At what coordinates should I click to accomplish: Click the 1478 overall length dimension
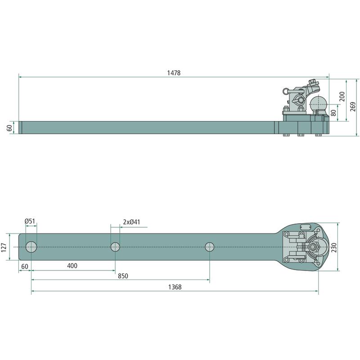[174, 73]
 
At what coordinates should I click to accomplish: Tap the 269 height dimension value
[353, 107]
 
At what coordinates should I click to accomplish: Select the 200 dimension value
[342, 96]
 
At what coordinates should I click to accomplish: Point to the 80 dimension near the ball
[333, 113]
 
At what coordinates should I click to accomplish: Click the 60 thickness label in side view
[9, 128]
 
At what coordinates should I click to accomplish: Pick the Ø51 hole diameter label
[30, 221]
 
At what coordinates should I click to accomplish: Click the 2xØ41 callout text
[131, 222]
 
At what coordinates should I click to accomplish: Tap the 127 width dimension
[4, 247]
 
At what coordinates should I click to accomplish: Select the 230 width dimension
[333, 247]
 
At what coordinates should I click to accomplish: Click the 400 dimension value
[72, 266]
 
